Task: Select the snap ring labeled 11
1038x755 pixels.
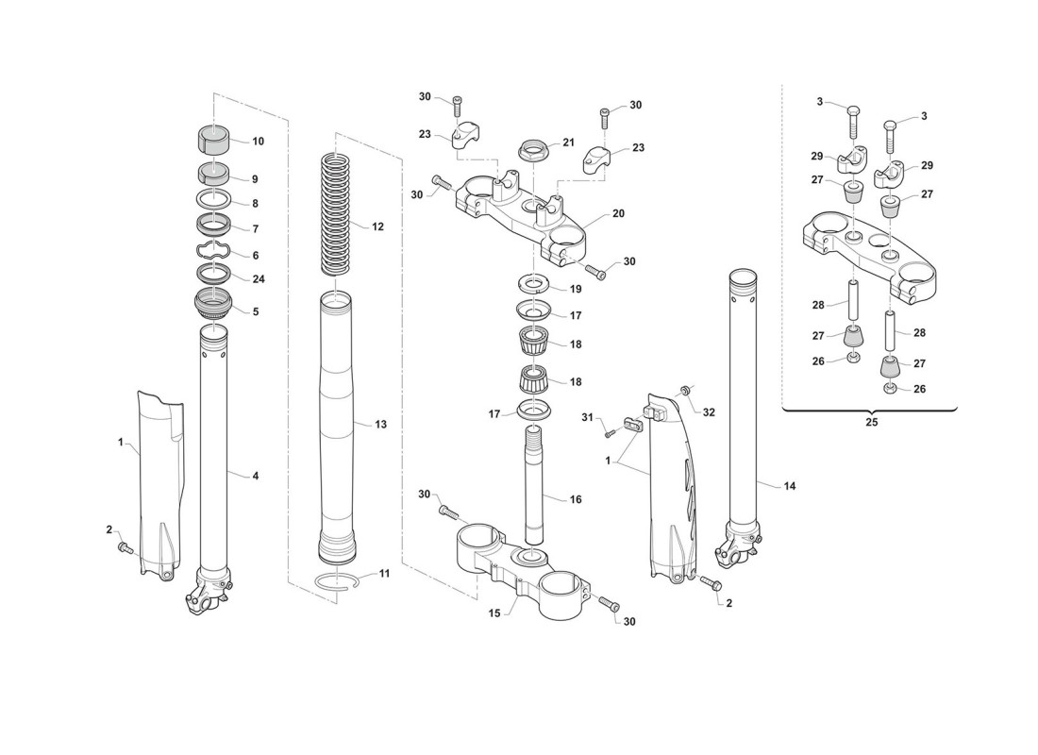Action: [338, 581]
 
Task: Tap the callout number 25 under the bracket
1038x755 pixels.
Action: [871, 423]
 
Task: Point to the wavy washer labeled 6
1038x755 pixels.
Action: [214, 252]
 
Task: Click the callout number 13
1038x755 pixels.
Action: [380, 425]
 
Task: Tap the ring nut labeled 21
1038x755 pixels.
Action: [535, 150]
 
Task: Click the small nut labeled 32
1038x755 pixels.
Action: [686, 390]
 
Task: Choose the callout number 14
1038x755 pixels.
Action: [790, 485]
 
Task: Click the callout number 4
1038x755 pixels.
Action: [255, 476]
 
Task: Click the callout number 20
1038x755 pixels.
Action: [618, 214]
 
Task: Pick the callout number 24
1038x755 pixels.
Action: [258, 278]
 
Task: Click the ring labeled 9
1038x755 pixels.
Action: [214, 174]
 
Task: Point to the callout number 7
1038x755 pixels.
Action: [255, 229]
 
